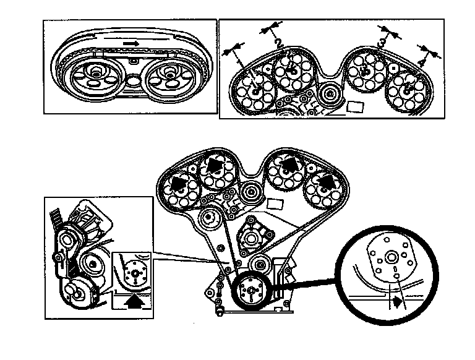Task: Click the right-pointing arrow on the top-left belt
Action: point(130,44)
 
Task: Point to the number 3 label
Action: point(382,42)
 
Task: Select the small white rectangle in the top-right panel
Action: point(356,106)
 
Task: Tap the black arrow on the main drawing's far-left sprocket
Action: point(179,182)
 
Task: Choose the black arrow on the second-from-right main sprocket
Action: point(287,165)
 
